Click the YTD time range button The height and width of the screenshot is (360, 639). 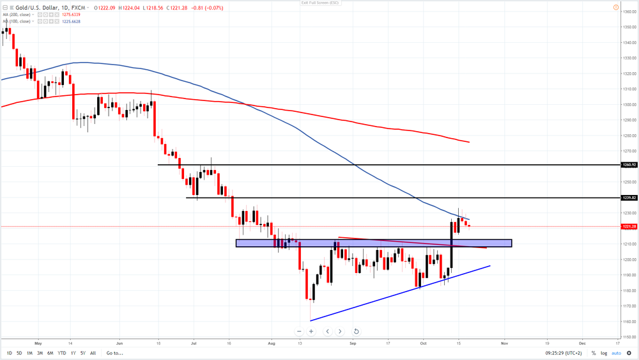62,353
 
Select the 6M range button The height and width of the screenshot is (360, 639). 50,353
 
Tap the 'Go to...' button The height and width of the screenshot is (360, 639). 114,353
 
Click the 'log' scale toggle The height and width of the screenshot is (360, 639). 604,353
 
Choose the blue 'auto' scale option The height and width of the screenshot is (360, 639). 616,353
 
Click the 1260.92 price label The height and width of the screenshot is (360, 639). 629,165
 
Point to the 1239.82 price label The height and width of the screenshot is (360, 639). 629,198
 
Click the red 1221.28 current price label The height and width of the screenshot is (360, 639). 629,226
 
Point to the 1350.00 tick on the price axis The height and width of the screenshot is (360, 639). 629,27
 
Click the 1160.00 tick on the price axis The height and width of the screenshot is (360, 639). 629,322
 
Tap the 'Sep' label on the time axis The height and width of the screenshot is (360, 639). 352,343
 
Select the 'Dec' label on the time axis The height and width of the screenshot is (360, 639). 582,343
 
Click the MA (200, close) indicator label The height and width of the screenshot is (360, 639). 17,15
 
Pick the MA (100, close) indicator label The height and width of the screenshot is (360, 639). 17,21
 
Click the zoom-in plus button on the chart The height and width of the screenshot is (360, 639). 311,331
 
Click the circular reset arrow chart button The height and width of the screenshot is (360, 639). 356,331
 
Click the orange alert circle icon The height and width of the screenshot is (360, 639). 616,8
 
